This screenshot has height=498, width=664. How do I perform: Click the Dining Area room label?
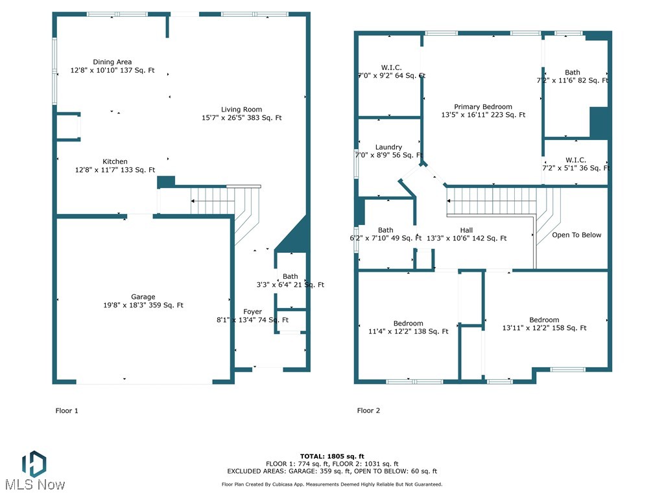[112, 62]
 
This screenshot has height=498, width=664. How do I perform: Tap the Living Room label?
[241, 110]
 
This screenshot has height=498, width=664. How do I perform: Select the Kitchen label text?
[115, 161]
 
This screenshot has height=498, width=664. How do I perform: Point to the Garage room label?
[143, 297]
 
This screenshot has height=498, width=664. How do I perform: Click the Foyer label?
[252, 312]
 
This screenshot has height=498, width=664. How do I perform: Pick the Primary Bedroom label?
[482, 107]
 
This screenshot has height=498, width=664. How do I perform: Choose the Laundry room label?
[388, 147]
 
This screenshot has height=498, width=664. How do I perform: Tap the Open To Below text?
[576, 235]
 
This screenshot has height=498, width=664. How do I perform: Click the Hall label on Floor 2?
[466, 230]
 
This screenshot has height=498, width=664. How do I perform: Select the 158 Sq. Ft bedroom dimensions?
[544, 328]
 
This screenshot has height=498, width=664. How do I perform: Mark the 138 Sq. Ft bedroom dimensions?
[403, 331]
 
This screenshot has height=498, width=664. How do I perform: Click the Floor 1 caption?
[67, 410]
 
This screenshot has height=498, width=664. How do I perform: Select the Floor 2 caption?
[368, 410]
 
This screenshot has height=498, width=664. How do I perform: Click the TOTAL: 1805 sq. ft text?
[332, 456]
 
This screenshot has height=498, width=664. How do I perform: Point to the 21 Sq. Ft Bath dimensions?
[290, 285]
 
